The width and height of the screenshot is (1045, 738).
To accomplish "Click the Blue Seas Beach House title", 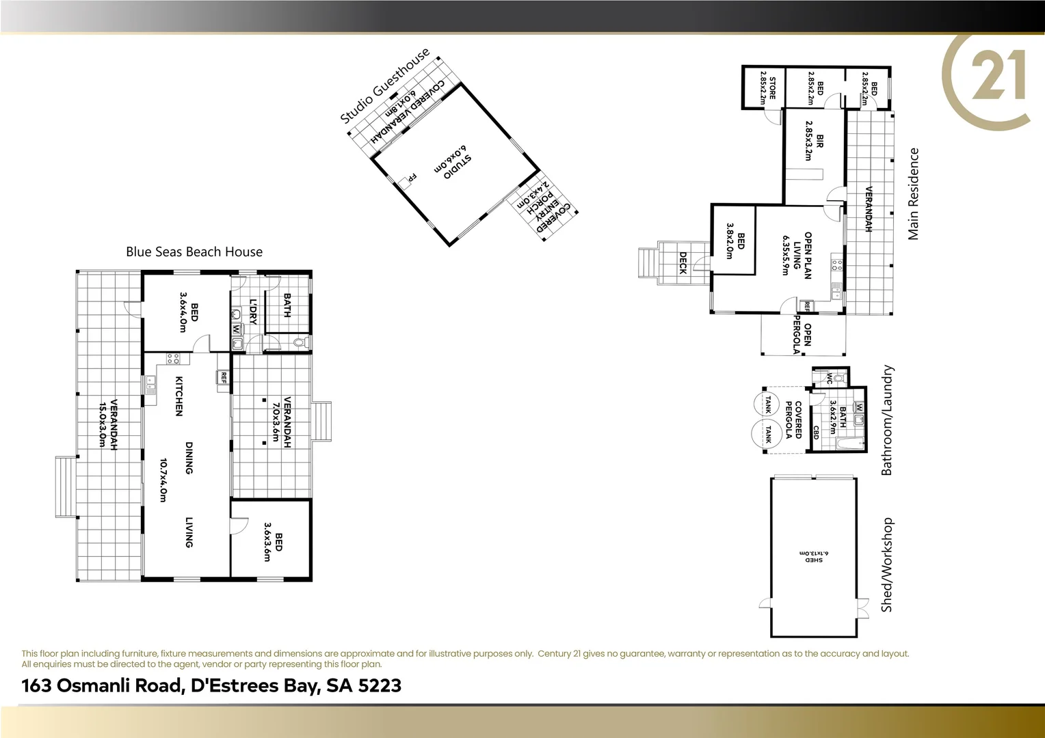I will (x=194, y=252).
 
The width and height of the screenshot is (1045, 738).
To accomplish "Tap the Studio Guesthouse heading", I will (x=385, y=85).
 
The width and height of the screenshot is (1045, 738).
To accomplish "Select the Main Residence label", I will (x=913, y=194).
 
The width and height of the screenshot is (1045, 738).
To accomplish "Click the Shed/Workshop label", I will (x=887, y=564).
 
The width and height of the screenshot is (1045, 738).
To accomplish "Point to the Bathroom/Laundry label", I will (x=887, y=420).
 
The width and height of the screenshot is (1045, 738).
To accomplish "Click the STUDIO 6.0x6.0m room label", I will (x=453, y=163).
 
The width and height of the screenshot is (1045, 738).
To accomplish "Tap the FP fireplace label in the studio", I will (x=411, y=178).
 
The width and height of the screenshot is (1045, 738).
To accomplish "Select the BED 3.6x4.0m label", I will (x=188, y=312).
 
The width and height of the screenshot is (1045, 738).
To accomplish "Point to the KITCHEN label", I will (x=179, y=396).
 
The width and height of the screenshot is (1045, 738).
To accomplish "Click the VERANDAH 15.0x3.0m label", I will (x=108, y=424).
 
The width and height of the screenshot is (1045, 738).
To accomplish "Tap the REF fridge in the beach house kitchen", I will (x=223, y=377).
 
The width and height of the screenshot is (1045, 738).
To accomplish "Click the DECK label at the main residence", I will (x=683, y=262).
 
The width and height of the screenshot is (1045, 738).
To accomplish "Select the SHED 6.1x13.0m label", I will (x=814, y=556).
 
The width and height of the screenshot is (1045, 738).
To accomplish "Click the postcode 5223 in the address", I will (x=380, y=685).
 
